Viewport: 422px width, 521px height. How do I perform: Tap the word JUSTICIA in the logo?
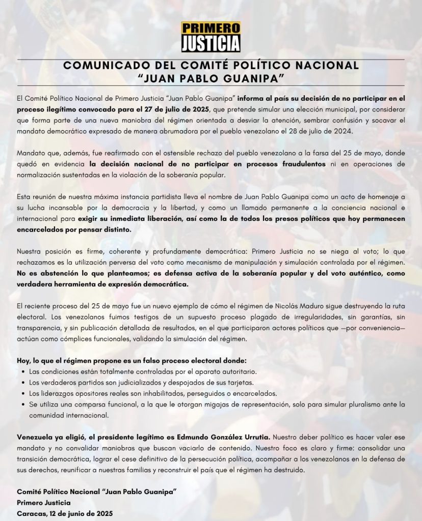point(211,43)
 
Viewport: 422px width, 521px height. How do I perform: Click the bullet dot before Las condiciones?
point(24,372)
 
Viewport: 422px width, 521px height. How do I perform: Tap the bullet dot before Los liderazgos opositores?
point(24,394)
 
